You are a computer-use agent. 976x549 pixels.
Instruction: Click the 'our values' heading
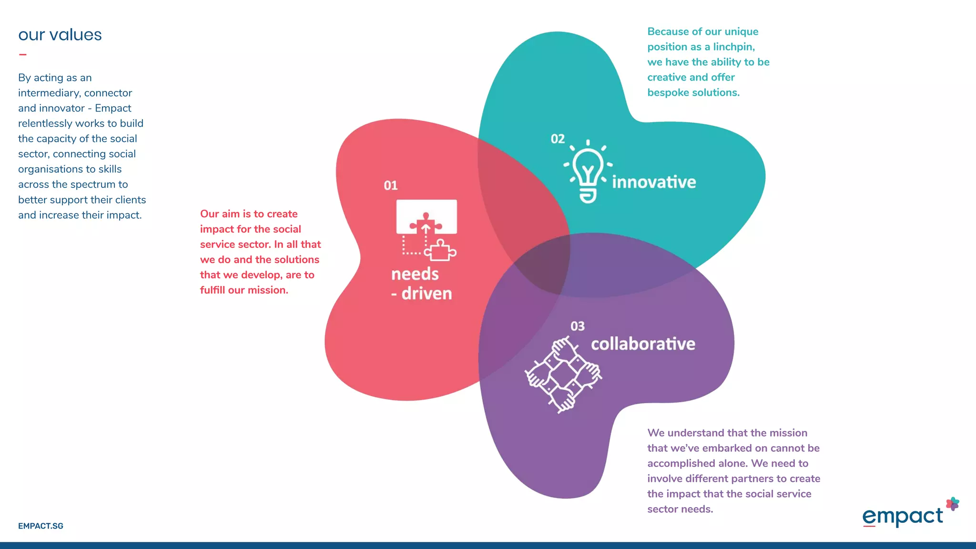(60, 35)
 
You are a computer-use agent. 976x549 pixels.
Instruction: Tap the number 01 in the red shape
(390, 185)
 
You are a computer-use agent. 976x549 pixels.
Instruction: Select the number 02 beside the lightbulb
(558, 139)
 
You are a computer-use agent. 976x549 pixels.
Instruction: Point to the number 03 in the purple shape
(577, 326)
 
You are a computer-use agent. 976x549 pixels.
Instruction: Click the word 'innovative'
(654, 182)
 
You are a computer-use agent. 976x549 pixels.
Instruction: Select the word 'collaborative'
(643, 344)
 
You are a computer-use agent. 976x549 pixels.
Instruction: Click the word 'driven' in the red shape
(427, 294)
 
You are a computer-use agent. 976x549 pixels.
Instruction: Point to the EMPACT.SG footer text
(41, 526)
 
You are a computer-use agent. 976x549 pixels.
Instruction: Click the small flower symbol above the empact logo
(952, 504)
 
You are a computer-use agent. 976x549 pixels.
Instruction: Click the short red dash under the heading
(22, 55)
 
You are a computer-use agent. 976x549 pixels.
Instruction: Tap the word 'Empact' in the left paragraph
(113, 108)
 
